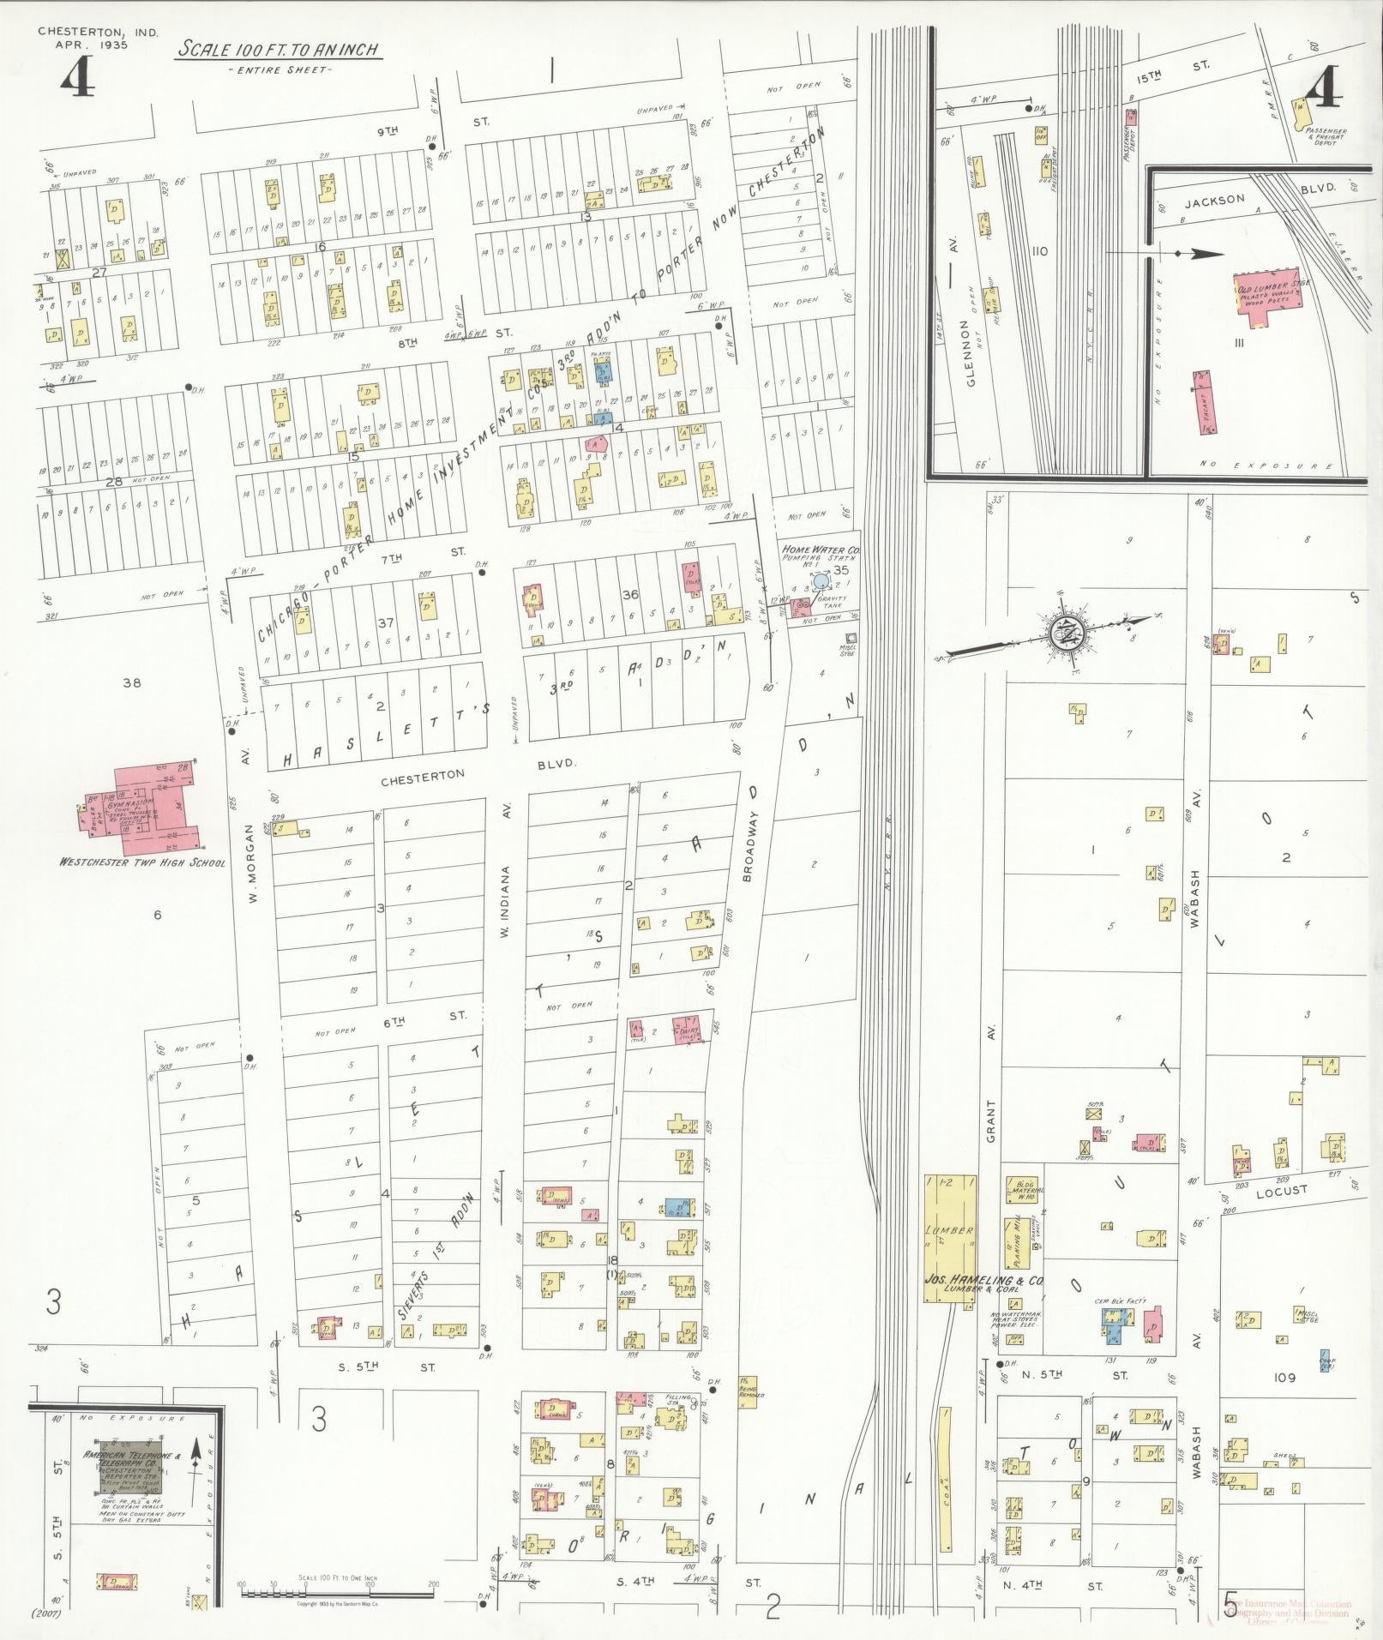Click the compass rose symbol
coord(1068,633)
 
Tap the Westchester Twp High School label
coord(141,862)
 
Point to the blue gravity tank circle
coord(821,581)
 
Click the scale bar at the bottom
coord(337,1593)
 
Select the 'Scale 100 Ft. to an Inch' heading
coord(279,49)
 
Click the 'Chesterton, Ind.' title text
coord(81,32)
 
